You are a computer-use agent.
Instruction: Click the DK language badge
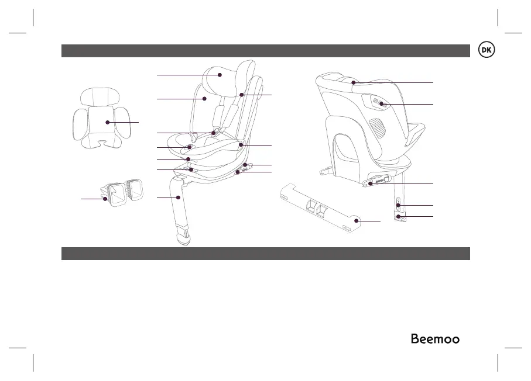pos(486,50)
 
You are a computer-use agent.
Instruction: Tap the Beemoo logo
pos(434,339)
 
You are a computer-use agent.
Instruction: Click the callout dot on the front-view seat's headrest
pos(220,75)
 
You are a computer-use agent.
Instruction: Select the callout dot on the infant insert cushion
pos(107,122)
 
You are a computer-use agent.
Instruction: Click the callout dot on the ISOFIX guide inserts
pos(105,199)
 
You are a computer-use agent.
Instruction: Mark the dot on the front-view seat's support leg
pos(178,199)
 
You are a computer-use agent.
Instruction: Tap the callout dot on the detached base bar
pos(357,221)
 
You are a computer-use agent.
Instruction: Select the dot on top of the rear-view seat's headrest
pos(353,83)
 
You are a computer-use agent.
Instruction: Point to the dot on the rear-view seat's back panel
pos(382,105)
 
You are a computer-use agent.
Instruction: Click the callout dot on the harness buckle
pos(214,134)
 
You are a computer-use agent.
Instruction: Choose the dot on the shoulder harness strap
pos(241,94)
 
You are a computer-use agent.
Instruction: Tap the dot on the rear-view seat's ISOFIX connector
pos(371,184)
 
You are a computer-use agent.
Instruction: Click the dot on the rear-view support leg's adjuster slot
pos(398,205)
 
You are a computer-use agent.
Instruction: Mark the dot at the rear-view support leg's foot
pos(399,217)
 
